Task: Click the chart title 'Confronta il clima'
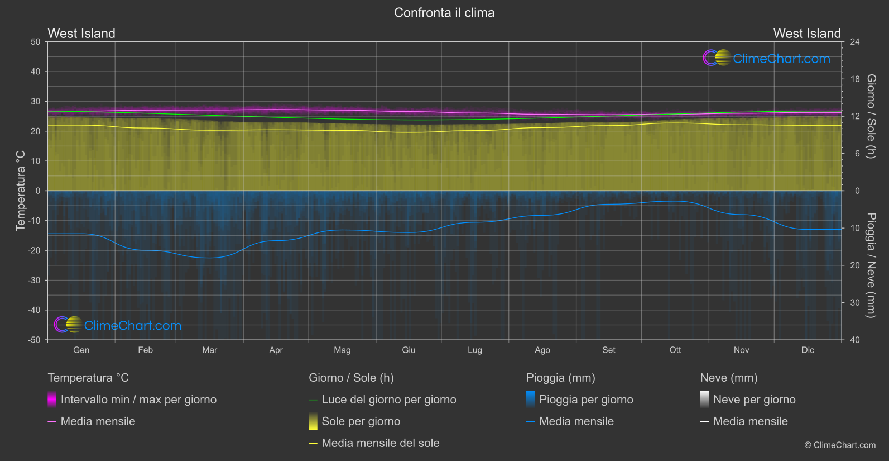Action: pyautogui.click(x=444, y=13)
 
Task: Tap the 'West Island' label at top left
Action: pyautogui.click(x=81, y=34)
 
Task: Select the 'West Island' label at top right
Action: pyautogui.click(x=806, y=34)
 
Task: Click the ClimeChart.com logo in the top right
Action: pyautogui.click(x=767, y=58)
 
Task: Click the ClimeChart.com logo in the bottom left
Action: pyautogui.click(x=118, y=325)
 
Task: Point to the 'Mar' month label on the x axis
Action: pyautogui.click(x=209, y=350)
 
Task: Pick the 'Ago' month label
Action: pyautogui.click(x=542, y=350)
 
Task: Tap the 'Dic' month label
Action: pyautogui.click(x=808, y=350)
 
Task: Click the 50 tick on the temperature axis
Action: pyautogui.click(x=36, y=42)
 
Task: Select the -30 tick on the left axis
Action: pyautogui.click(x=34, y=281)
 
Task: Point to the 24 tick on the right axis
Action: pyautogui.click(x=854, y=42)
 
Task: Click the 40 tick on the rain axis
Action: pyautogui.click(x=854, y=340)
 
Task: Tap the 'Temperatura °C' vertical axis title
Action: pyautogui.click(x=21, y=191)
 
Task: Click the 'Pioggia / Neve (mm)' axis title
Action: pyautogui.click(x=871, y=265)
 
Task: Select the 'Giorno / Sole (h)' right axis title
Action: pyautogui.click(x=871, y=116)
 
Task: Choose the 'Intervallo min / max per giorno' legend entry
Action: pyautogui.click(x=138, y=400)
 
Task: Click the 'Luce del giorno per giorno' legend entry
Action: pyautogui.click(x=388, y=400)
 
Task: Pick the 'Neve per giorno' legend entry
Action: pyautogui.click(x=754, y=400)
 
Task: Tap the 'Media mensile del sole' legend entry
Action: pyautogui.click(x=380, y=443)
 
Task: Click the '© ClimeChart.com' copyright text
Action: pyautogui.click(x=840, y=445)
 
